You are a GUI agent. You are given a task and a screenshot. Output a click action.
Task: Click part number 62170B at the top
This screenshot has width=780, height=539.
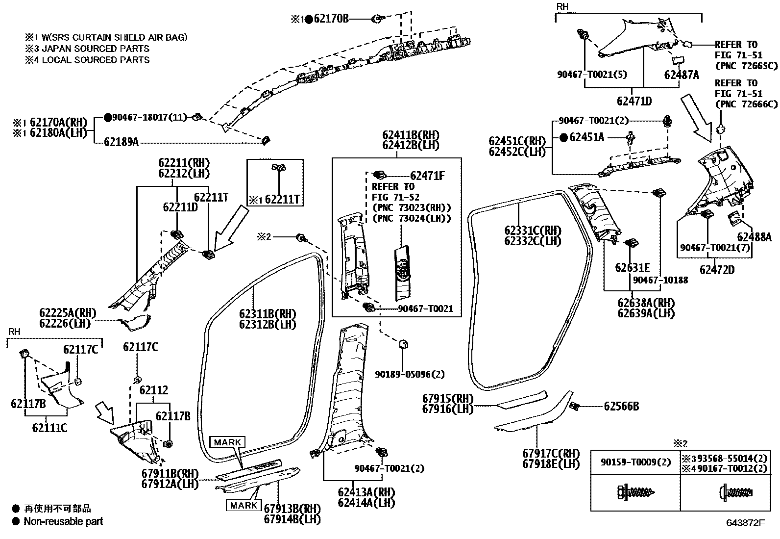[x=331, y=19]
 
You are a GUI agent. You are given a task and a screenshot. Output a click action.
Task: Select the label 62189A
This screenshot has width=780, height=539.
[x=121, y=142]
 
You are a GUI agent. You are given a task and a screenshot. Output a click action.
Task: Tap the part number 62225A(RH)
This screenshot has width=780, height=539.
[x=68, y=313]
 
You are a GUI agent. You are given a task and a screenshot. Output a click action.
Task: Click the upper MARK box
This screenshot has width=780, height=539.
[x=228, y=442]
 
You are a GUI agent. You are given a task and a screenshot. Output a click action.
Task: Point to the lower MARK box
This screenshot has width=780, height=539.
[x=244, y=505]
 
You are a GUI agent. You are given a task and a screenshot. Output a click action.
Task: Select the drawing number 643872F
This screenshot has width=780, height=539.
[x=745, y=523]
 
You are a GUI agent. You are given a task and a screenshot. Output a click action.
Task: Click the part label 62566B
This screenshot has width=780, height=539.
[x=621, y=406]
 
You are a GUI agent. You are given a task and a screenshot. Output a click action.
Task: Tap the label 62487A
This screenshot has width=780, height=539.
[x=682, y=75]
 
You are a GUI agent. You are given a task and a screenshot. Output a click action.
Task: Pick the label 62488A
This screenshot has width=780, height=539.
[x=754, y=237]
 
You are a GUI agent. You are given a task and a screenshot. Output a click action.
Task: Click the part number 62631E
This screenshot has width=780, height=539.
[x=632, y=268]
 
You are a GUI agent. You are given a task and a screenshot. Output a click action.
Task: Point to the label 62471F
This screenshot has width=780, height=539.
[x=427, y=175]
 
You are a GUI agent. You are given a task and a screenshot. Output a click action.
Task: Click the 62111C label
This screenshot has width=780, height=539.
[x=49, y=428]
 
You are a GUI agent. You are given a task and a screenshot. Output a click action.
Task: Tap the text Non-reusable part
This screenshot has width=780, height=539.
[x=63, y=521]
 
